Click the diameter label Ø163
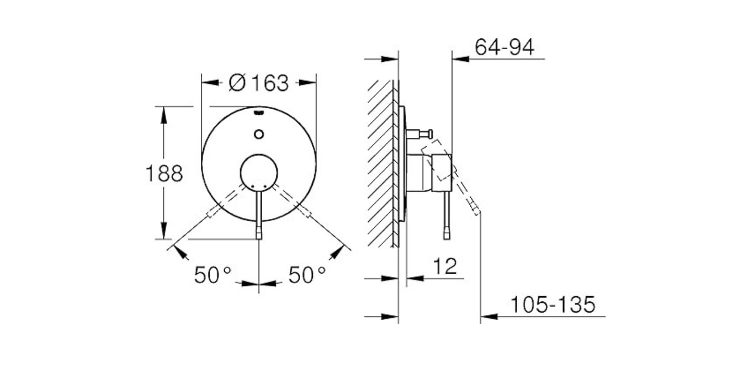point(259,83)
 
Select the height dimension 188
point(163,174)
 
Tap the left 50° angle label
point(212,274)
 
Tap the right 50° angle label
point(307,274)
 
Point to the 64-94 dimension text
point(505,48)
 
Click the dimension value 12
point(445,266)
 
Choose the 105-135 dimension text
point(552,304)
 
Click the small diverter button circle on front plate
point(259,133)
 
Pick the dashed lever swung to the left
point(226,201)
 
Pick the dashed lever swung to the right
point(292,201)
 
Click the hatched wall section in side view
point(380,165)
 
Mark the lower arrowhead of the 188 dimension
point(163,233)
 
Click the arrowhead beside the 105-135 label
point(488,317)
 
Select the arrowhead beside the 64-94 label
point(460,58)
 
